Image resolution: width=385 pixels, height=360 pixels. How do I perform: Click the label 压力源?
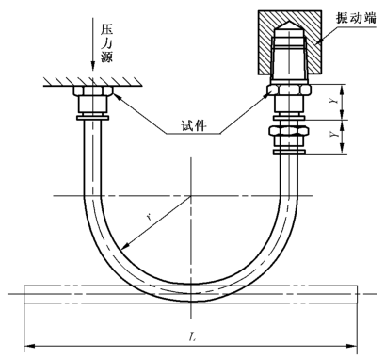(x=106, y=43)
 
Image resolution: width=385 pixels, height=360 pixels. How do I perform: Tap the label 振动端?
(x=356, y=18)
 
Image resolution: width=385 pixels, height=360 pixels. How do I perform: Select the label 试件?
(x=194, y=125)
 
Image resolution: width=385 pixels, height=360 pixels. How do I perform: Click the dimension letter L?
(x=193, y=337)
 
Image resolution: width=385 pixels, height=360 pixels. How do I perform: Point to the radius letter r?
(x=150, y=216)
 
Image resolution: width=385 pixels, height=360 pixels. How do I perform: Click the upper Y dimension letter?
(x=334, y=101)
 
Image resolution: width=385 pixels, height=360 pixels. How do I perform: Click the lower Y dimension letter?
(x=334, y=134)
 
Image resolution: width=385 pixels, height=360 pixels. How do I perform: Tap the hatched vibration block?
(x=290, y=42)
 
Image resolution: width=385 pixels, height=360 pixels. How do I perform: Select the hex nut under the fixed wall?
(x=93, y=90)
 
